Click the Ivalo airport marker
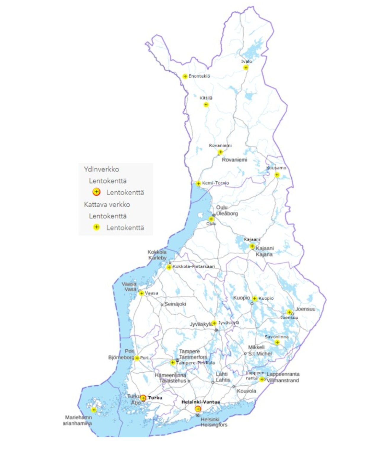(245, 68)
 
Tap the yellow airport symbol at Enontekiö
(185, 76)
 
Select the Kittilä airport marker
(206, 105)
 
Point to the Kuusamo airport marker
(277, 174)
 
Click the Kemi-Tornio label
(215, 183)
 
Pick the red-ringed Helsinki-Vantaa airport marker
(198, 409)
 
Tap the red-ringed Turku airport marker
(143, 398)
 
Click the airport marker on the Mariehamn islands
(94, 410)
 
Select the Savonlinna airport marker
(277, 342)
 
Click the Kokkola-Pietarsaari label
(194, 266)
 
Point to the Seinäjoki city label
(175, 304)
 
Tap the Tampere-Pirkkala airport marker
(173, 362)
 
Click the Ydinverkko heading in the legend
(101, 169)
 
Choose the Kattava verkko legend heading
(107, 204)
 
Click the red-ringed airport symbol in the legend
(97, 192)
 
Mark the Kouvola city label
(246, 391)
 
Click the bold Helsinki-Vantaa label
(200, 402)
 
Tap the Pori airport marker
(137, 358)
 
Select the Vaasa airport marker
(142, 293)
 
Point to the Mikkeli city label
(256, 347)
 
